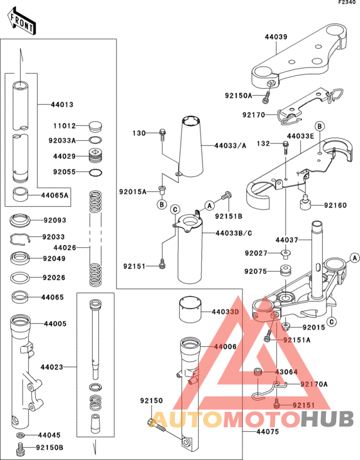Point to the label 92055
tap(65, 172)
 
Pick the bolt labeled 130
tap(162, 134)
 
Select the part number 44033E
tap(300, 136)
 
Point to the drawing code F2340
tap(347, 3)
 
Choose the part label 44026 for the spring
tap(65, 247)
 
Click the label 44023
tap(51, 367)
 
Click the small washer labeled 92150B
tap(21, 447)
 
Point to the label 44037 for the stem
tap(287, 240)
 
